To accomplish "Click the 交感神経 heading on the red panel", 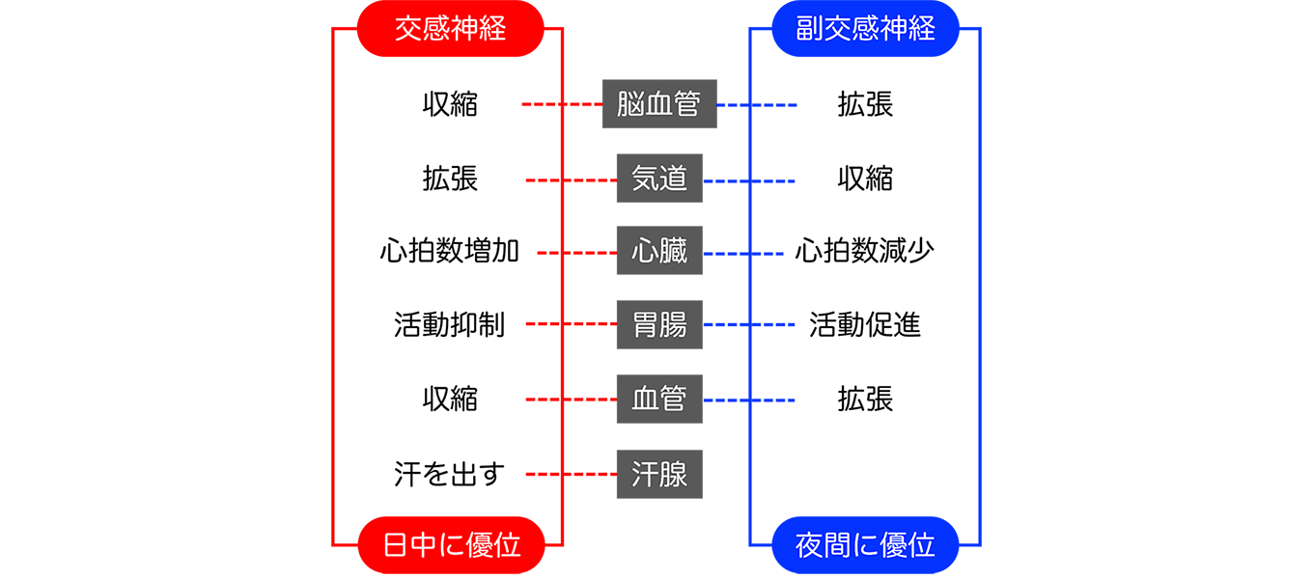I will point(450,29).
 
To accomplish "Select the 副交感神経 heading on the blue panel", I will point(865,29).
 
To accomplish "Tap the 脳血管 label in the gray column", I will point(658,104).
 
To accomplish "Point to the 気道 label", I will point(658,179).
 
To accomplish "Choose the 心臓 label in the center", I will point(658,252).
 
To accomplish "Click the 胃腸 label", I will point(658,325).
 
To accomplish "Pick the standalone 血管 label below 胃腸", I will point(658,399).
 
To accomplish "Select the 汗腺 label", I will point(658,474).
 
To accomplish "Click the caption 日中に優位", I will point(452,546).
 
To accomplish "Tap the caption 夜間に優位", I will point(865,546).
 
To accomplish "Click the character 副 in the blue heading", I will point(809,29).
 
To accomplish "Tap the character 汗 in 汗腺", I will point(645,474).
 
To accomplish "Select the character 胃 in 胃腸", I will point(645,325).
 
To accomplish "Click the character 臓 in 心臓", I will point(673,252).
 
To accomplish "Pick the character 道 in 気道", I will point(673,179).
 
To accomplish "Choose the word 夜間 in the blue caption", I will point(824,546).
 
